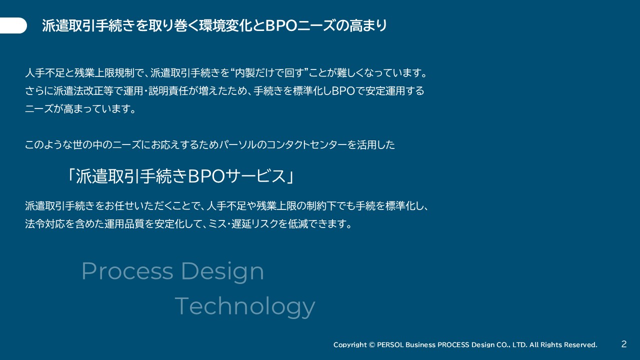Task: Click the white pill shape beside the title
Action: click(13, 25)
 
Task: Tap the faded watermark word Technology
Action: click(245, 306)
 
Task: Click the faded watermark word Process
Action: click(127, 271)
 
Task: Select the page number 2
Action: click(624, 343)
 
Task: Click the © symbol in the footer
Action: click(371, 344)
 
